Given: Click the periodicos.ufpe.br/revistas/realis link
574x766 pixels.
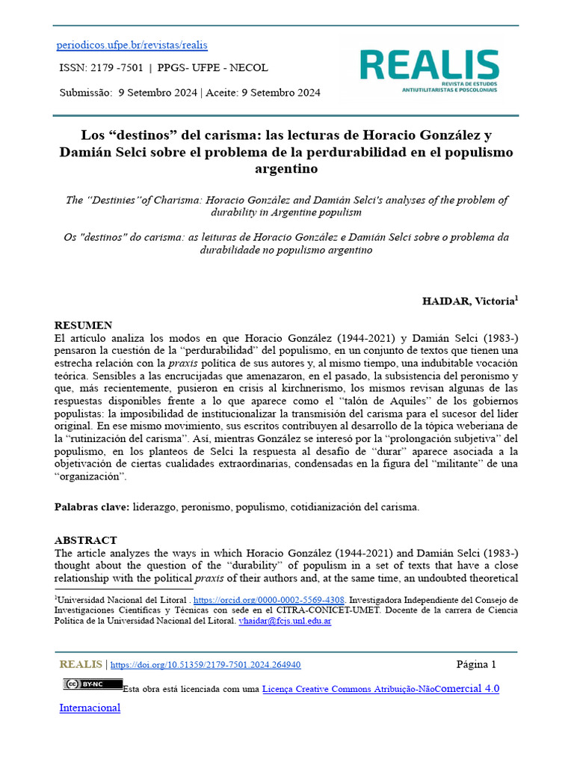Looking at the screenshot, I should coord(132,45).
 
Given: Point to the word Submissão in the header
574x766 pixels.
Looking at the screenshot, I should coord(85,93).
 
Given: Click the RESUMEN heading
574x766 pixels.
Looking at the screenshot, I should coord(84,325).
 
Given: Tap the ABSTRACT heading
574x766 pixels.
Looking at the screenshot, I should coord(86,540).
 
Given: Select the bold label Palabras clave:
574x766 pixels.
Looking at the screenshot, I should coord(92,507).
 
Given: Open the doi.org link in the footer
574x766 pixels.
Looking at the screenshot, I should coord(206,665).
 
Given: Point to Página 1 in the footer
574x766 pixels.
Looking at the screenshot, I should coord(476,664).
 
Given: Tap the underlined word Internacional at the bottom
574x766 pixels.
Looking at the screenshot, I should coord(90,708).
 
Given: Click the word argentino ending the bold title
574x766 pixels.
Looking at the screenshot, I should coord(286,169).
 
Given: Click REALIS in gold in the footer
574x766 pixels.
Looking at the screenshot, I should coord(81,664).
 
